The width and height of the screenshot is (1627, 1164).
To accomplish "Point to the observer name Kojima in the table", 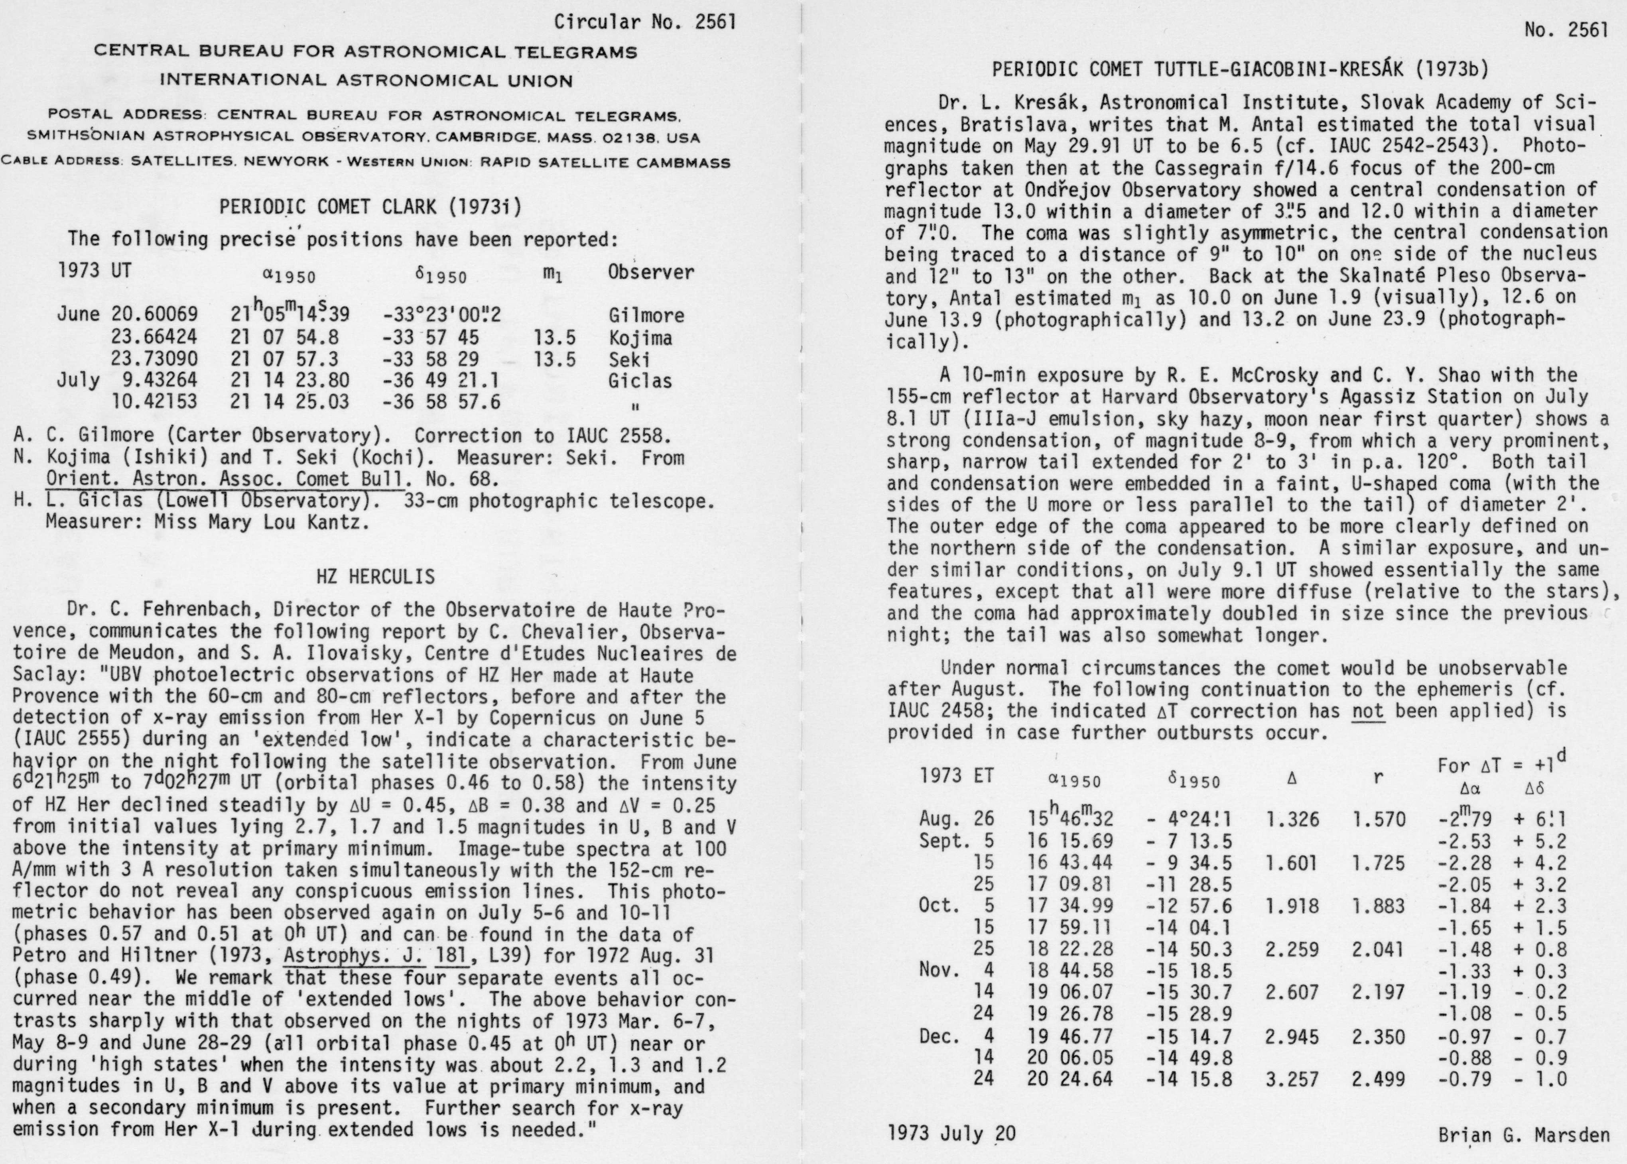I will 640,338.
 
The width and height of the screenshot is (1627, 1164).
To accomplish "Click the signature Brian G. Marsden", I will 1524,1135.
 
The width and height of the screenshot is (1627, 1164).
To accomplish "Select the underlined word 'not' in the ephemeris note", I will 1367,711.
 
